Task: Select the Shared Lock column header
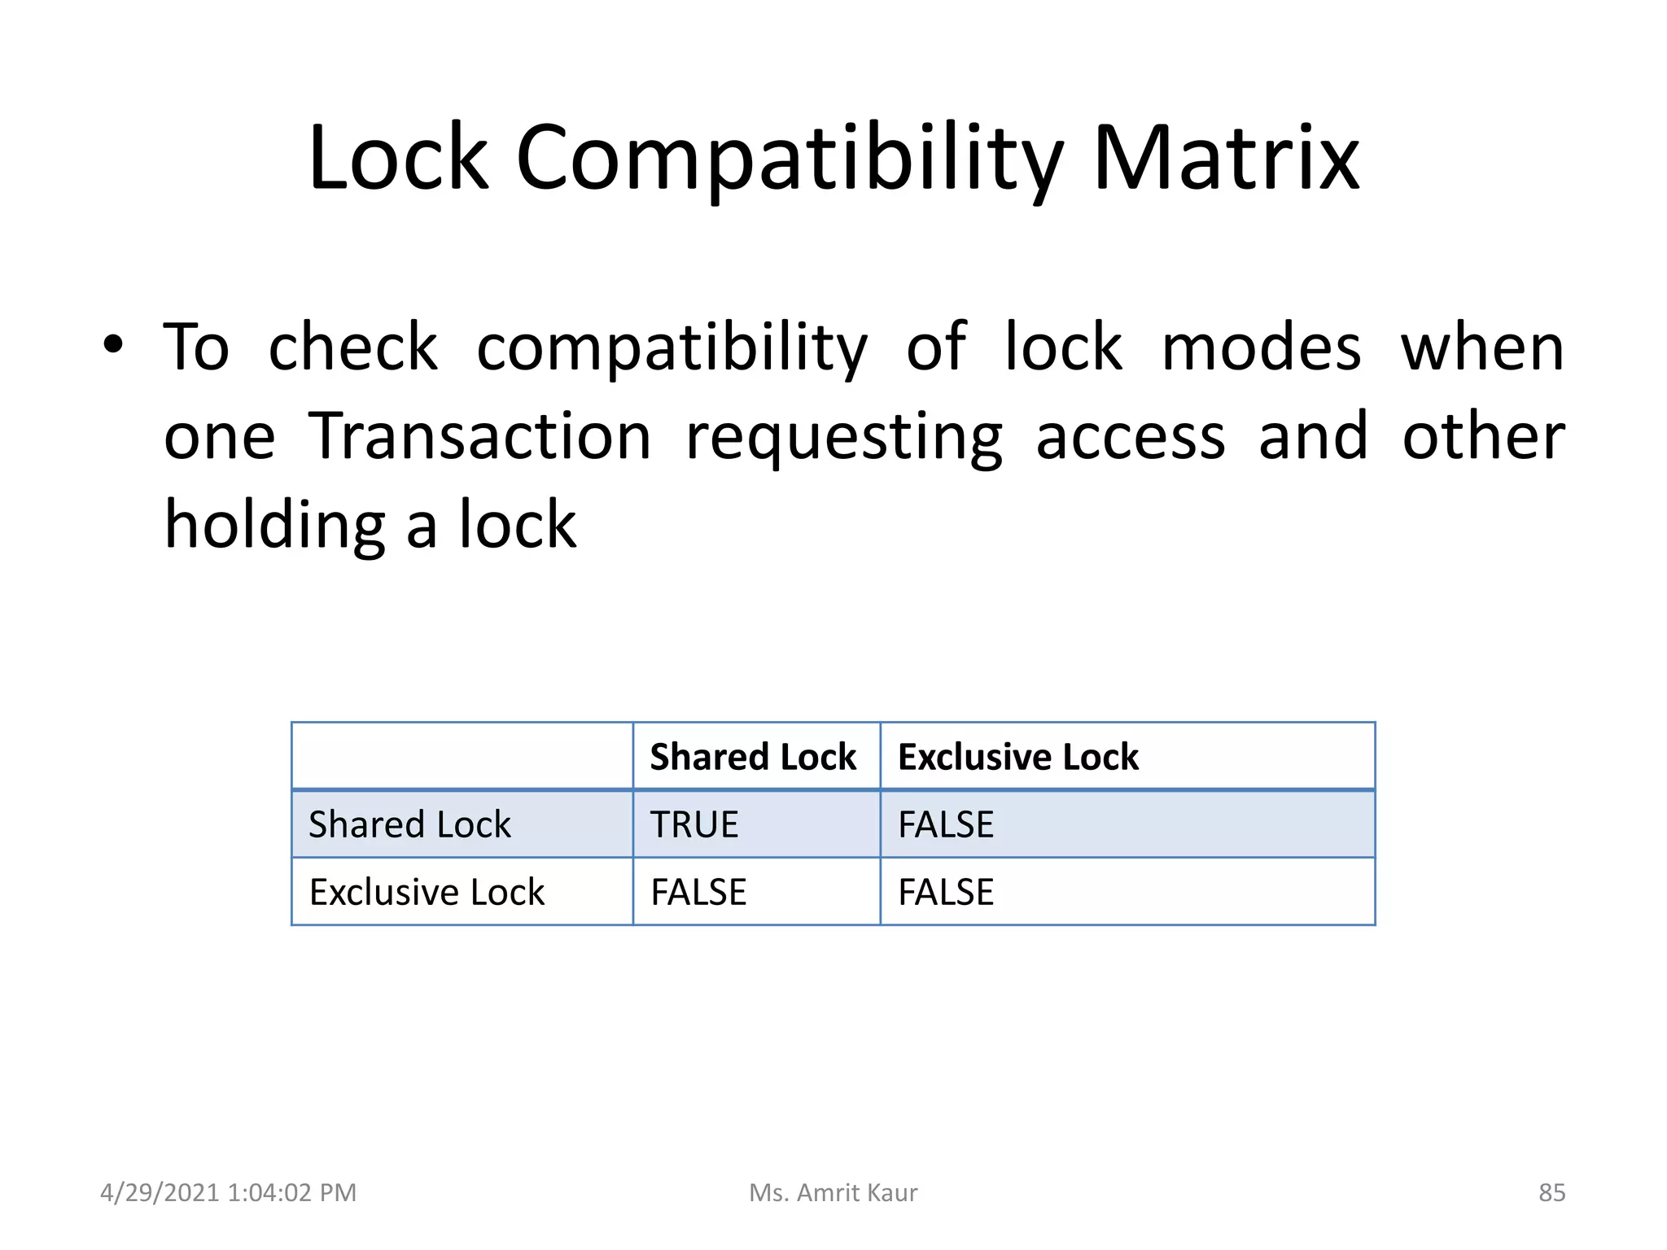click(x=753, y=757)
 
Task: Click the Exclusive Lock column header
click(x=1017, y=757)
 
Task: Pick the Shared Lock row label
click(x=409, y=824)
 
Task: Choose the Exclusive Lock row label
click(x=427, y=892)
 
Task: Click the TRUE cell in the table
click(x=693, y=824)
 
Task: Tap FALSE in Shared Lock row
click(x=946, y=824)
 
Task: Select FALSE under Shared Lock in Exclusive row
click(x=698, y=892)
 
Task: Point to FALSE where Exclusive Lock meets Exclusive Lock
click(x=946, y=892)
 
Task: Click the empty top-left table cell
click(x=462, y=756)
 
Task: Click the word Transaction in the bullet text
click(x=480, y=436)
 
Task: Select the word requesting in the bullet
click(x=844, y=438)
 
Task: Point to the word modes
click(x=1261, y=347)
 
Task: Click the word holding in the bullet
click(x=274, y=526)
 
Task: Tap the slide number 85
click(x=1551, y=1192)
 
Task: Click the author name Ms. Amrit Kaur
click(x=833, y=1192)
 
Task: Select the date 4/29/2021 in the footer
click(x=160, y=1192)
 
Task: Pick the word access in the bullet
click(x=1130, y=438)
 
